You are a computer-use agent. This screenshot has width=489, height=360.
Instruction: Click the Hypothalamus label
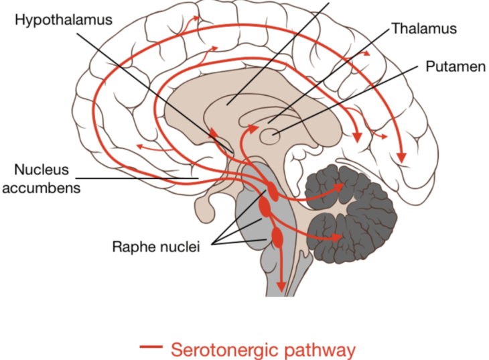[64, 20]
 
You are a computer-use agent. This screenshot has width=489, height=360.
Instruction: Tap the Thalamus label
[424, 28]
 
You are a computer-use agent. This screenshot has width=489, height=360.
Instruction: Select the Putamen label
[456, 66]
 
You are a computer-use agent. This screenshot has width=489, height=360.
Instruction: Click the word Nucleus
[42, 170]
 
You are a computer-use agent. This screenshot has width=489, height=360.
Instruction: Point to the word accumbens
[41, 188]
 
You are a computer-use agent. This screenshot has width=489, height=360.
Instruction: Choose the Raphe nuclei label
[156, 247]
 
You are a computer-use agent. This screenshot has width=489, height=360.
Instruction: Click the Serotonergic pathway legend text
[263, 350]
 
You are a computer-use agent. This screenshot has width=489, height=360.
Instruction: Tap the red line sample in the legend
[151, 347]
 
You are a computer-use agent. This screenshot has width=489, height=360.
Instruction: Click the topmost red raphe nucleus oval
[272, 191]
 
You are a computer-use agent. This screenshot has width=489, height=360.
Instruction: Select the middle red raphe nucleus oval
[265, 206]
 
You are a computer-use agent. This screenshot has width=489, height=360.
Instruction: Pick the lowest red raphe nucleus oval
[277, 237]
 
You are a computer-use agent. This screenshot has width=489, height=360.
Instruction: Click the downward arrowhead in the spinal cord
[281, 287]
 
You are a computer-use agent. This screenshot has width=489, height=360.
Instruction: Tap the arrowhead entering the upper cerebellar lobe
[339, 187]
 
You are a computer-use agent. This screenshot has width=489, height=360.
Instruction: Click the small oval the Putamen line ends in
[270, 136]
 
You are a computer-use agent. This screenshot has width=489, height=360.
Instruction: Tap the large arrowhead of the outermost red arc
[402, 158]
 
